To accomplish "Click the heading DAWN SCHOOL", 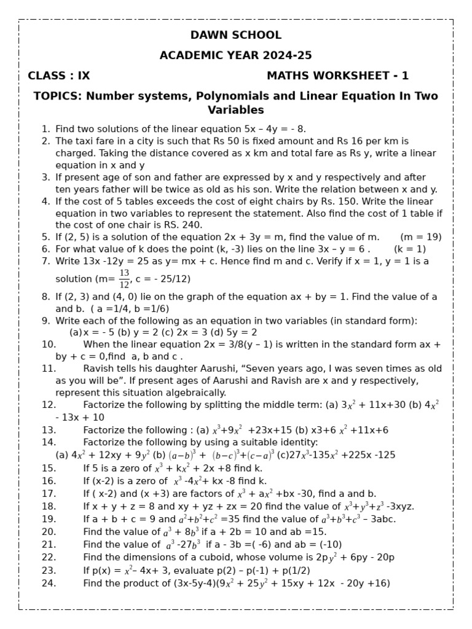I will pos(236,35).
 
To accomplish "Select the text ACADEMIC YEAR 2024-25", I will pos(236,55).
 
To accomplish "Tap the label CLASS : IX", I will pos(59,76).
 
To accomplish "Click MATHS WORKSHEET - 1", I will pos(337,76).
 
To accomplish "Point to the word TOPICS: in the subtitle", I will pos(58,96).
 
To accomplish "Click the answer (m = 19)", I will pos(420,237).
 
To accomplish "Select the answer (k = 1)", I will pos(410,249).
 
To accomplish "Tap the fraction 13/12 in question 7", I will pos(124,278).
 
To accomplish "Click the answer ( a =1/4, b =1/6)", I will pos(130,309).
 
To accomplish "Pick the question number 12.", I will pos(49,405).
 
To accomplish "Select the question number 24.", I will pos(49,583).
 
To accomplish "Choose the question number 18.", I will pos(49,506).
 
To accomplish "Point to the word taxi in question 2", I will pos(85,141).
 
